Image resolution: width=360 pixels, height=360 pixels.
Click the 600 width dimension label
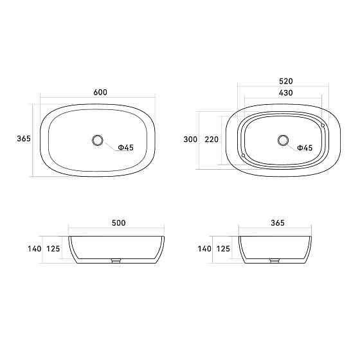tap(100, 92)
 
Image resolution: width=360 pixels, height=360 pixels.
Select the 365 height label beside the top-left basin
tap(24, 139)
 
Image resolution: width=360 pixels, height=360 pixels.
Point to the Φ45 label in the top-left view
tap(125, 148)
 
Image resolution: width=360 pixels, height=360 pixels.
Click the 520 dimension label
tap(286, 82)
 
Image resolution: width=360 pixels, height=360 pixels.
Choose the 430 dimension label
tap(286, 93)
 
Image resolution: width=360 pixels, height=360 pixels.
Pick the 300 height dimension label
tap(190, 139)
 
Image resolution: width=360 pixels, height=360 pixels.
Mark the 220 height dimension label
tap(212, 139)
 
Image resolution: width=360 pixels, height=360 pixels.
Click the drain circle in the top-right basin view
tap(283, 139)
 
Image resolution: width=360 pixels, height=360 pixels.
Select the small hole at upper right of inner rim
tap(323, 125)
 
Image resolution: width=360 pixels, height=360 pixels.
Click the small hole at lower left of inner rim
tap(244, 155)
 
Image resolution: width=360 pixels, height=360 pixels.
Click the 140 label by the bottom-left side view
tap(34, 248)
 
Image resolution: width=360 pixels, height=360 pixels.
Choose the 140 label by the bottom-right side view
tap(204, 248)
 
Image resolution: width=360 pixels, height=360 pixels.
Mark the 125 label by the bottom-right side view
tap(222, 248)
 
